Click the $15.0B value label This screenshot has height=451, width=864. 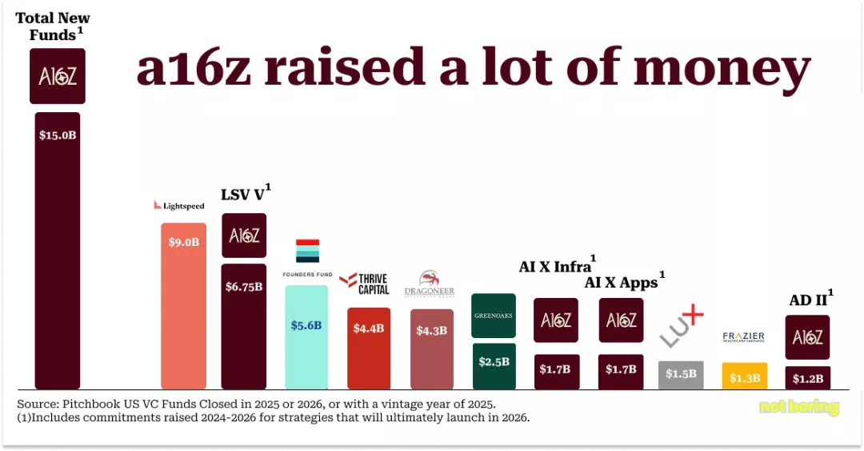(58, 135)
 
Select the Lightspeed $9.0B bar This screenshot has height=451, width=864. (183, 305)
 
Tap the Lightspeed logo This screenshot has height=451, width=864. (179, 206)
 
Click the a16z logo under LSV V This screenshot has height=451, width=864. (244, 236)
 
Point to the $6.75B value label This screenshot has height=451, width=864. (244, 287)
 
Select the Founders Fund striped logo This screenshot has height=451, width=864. (307, 251)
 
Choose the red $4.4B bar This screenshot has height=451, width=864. (369, 348)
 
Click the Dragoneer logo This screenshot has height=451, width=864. (430, 284)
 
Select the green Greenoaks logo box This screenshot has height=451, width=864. (494, 315)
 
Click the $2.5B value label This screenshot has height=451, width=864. (494, 362)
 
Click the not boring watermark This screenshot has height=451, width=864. (798, 407)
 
